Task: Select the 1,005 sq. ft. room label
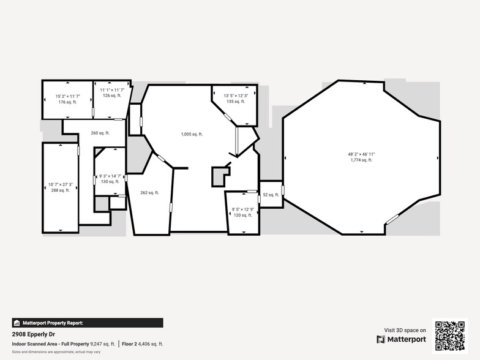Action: (x=192, y=134)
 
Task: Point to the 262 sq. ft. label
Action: (x=149, y=193)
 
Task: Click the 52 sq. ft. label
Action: (x=271, y=195)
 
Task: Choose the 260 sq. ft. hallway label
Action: (x=100, y=133)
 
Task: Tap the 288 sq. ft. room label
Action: (x=60, y=190)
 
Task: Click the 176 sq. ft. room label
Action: (x=67, y=102)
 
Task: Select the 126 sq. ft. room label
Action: (x=111, y=96)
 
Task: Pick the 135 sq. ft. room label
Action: (x=236, y=102)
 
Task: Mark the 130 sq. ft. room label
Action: (x=110, y=182)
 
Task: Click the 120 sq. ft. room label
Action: (x=242, y=216)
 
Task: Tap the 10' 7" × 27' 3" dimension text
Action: (x=61, y=184)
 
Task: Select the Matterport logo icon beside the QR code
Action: (x=381, y=339)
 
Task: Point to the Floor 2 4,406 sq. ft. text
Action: (x=142, y=344)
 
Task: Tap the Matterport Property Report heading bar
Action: (x=88, y=323)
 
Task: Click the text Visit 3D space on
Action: (x=405, y=330)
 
